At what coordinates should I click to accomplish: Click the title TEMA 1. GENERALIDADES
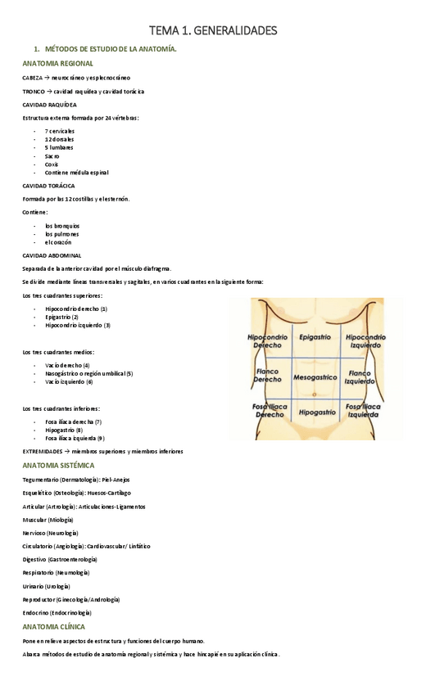tap(213, 31)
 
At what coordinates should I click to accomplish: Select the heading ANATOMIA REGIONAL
tap(57, 63)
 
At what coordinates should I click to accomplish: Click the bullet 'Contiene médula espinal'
tap(76, 173)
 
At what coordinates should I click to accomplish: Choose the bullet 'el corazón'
tap(58, 242)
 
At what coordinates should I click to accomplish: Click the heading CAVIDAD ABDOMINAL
tap(52, 255)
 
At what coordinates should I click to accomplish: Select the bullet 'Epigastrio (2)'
tap(62, 317)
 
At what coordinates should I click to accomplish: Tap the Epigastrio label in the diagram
tap(315, 336)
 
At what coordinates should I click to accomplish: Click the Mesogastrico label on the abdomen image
tap(315, 377)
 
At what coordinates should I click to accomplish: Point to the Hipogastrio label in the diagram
tap(315, 413)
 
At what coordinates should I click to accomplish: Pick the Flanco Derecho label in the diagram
tap(267, 376)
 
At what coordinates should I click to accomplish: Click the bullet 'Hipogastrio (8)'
tap(64, 430)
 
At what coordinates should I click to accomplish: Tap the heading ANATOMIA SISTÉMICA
tap(58, 465)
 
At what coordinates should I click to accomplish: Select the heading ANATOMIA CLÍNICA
tap(53, 627)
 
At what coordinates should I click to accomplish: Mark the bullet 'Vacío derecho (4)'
tap(67, 365)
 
